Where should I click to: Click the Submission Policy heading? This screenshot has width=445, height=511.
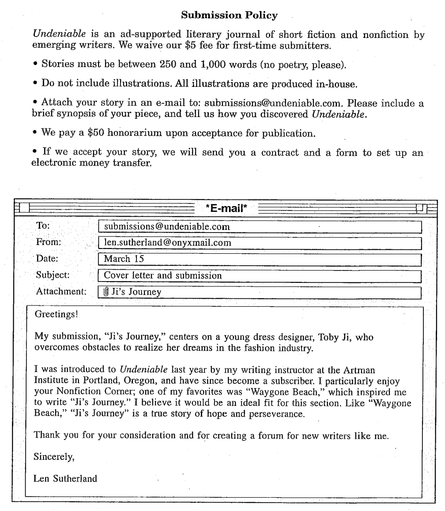(x=230, y=16)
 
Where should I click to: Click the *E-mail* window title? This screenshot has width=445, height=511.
(x=222, y=207)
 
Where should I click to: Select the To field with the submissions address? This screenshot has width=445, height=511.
(x=260, y=227)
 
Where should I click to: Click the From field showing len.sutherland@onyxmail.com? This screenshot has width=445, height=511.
(x=260, y=243)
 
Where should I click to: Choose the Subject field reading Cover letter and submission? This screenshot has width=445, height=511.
(x=260, y=276)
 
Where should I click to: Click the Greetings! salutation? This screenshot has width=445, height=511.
(x=57, y=316)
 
